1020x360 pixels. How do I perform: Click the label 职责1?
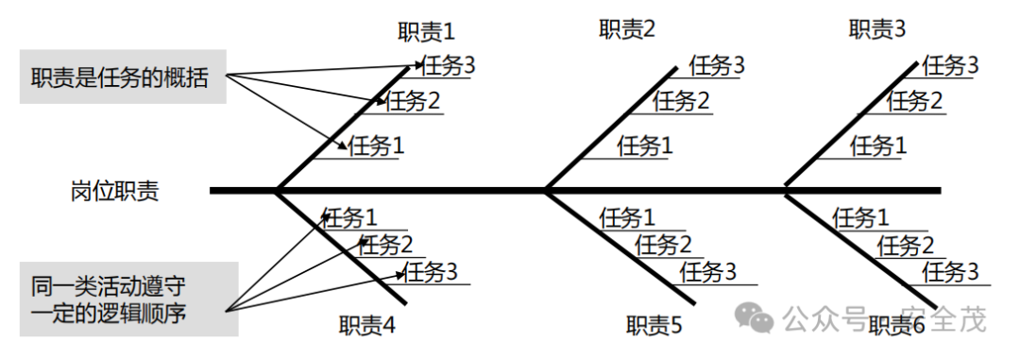click(425, 31)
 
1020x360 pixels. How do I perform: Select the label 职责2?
click(627, 29)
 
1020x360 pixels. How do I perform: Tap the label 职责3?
click(876, 29)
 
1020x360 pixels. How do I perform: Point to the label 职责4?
click(367, 325)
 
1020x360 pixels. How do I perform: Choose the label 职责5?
click(654, 326)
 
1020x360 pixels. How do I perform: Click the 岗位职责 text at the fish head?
click(114, 192)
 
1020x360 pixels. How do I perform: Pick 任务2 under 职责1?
click(414, 99)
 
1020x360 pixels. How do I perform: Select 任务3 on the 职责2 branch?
click(717, 65)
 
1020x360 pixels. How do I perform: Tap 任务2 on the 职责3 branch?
click(914, 99)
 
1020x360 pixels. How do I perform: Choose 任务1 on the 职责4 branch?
click(349, 218)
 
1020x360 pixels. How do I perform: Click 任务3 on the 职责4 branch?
click(430, 272)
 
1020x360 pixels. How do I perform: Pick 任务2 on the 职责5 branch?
click(663, 246)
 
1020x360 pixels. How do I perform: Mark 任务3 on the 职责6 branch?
click(950, 272)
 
